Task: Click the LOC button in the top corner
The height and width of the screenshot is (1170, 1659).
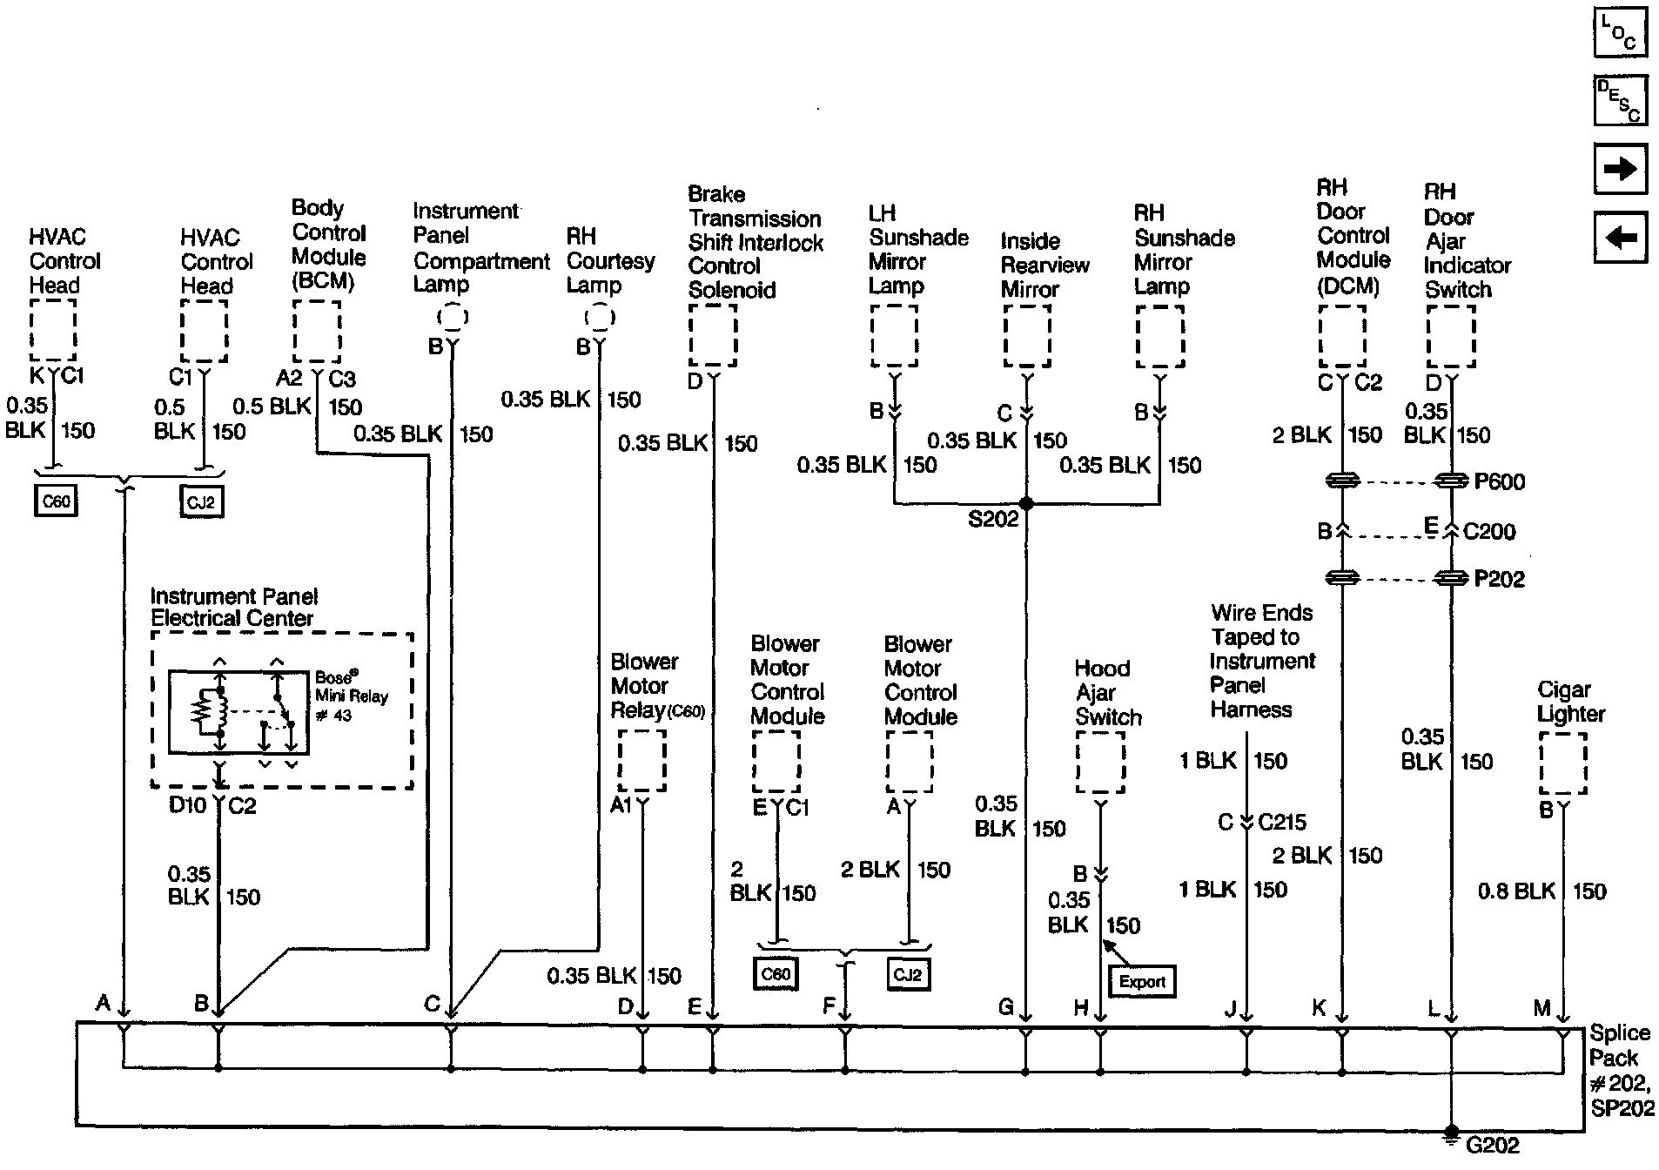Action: (x=1620, y=32)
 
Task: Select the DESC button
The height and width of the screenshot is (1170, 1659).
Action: (x=1620, y=99)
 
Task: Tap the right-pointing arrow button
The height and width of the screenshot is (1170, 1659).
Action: (x=1620, y=168)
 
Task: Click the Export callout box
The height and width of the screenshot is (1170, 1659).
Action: (x=1142, y=982)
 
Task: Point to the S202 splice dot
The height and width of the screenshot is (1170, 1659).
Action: (x=1026, y=504)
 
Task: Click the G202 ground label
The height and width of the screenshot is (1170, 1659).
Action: (x=1493, y=1146)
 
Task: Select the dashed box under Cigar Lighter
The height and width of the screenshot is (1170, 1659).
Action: (x=1563, y=763)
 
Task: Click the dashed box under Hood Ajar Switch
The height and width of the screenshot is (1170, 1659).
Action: (x=1100, y=762)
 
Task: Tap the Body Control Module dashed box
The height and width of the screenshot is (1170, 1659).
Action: (x=317, y=332)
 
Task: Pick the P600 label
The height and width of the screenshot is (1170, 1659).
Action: (x=1499, y=482)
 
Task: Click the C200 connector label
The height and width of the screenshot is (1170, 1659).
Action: (x=1489, y=531)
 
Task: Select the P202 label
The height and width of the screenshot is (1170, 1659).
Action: (x=1499, y=580)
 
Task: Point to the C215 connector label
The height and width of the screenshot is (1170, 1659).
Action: (x=1282, y=823)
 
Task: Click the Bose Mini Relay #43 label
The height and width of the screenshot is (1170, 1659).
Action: (x=351, y=696)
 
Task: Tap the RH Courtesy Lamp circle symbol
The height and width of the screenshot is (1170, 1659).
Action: (x=599, y=318)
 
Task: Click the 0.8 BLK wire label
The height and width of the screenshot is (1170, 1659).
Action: (x=1516, y=891)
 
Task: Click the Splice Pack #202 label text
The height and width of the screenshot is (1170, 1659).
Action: (x=1619, y=1069)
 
